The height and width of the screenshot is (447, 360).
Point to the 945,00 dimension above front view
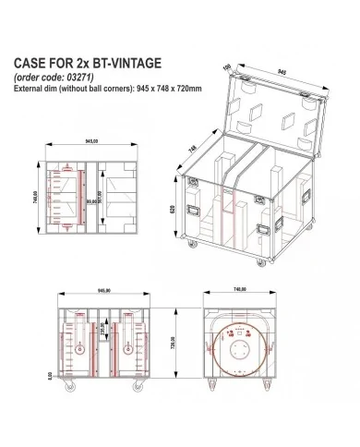[x=90, y=288]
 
